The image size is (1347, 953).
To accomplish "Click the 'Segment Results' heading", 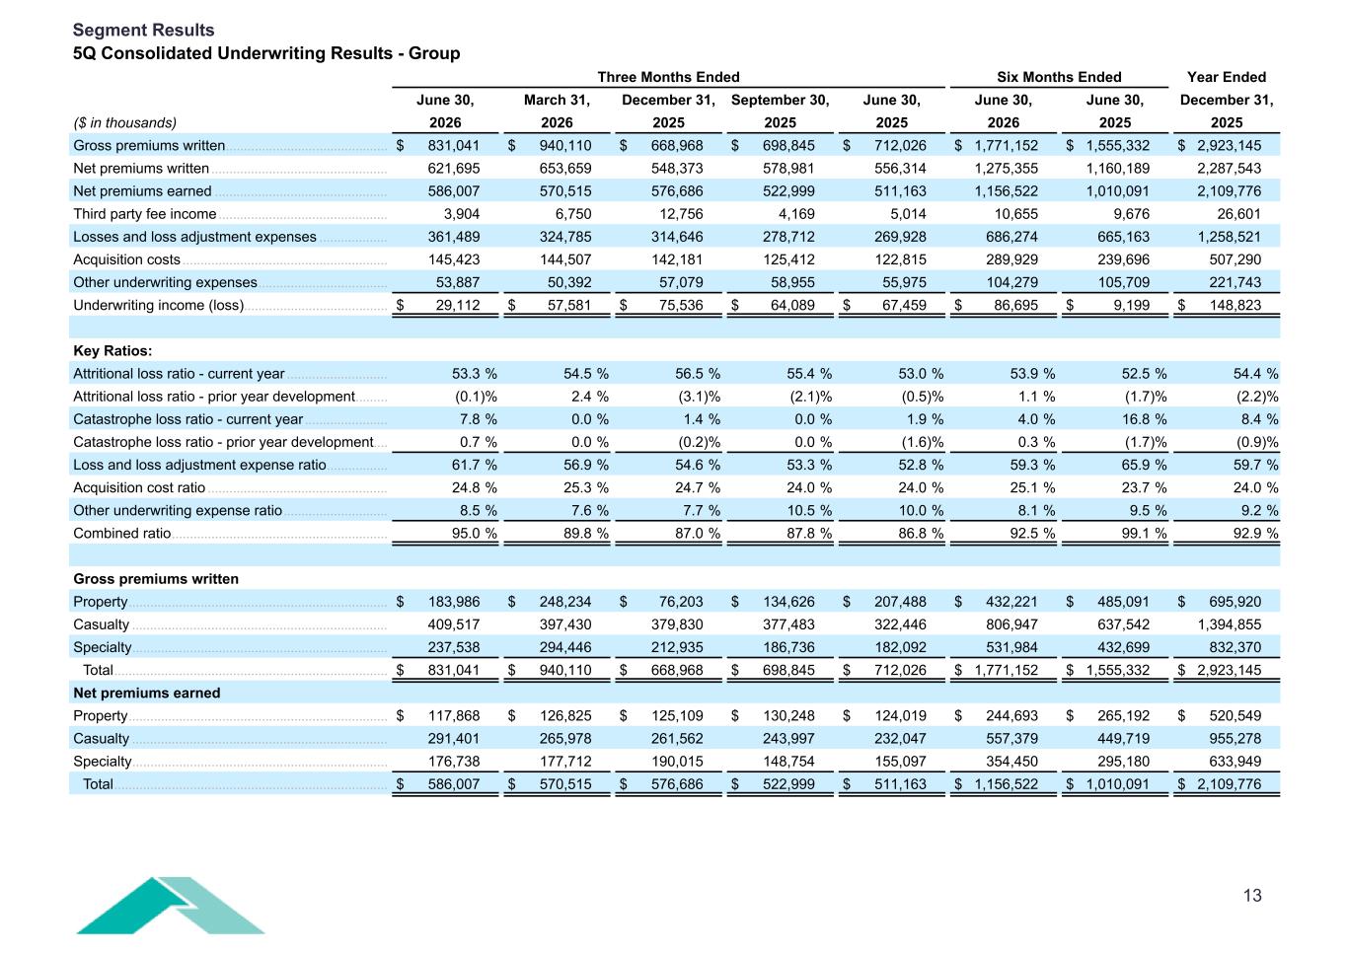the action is pyautogui.click(x=143, y=30).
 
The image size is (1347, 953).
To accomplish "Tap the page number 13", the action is pyautogui.click(x=1252, y=895).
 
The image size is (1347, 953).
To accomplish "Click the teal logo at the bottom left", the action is pyautogui.click(x=170, y=905).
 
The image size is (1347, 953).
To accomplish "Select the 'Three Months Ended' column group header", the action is pyautogui.click(x=668, y=77).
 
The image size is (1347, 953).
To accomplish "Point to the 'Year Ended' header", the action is pyautogui.click(x=1227, y=77).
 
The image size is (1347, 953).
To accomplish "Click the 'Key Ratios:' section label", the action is pyautogui.click(x=112, y=350).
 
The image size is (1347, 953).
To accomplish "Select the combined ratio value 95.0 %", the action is pyautogui.click(x=475, y=534).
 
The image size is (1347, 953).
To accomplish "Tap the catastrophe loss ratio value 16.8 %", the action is pyautogui.click(x=1144, y=419).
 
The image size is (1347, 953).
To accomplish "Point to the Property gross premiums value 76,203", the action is pyautogui.click(x=681, y=602).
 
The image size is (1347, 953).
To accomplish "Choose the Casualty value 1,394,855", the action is pyautogui.click(x=1230, y=624).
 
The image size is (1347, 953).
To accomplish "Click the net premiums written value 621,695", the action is pyautogui.click(x=453, y=169).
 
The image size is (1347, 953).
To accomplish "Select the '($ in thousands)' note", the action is pyautogui.click(x=125, y=122).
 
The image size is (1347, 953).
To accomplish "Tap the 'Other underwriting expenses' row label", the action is pyautogui.click(x=165, y=282).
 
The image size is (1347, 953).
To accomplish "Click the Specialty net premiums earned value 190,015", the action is pyautogui.click(x=677, y=762).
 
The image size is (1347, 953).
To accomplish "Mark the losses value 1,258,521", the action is pyautogui.click(x=1230, y=237).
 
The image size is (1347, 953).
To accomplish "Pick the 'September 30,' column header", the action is pyautogui.click(x=780, y=100).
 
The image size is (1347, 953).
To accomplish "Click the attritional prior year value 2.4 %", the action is pyautogui.click(x=586, y=397).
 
